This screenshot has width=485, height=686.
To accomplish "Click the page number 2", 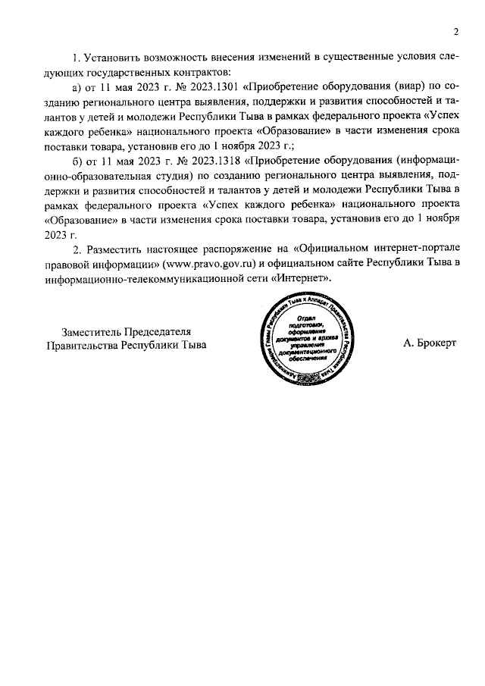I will (456, 32).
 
